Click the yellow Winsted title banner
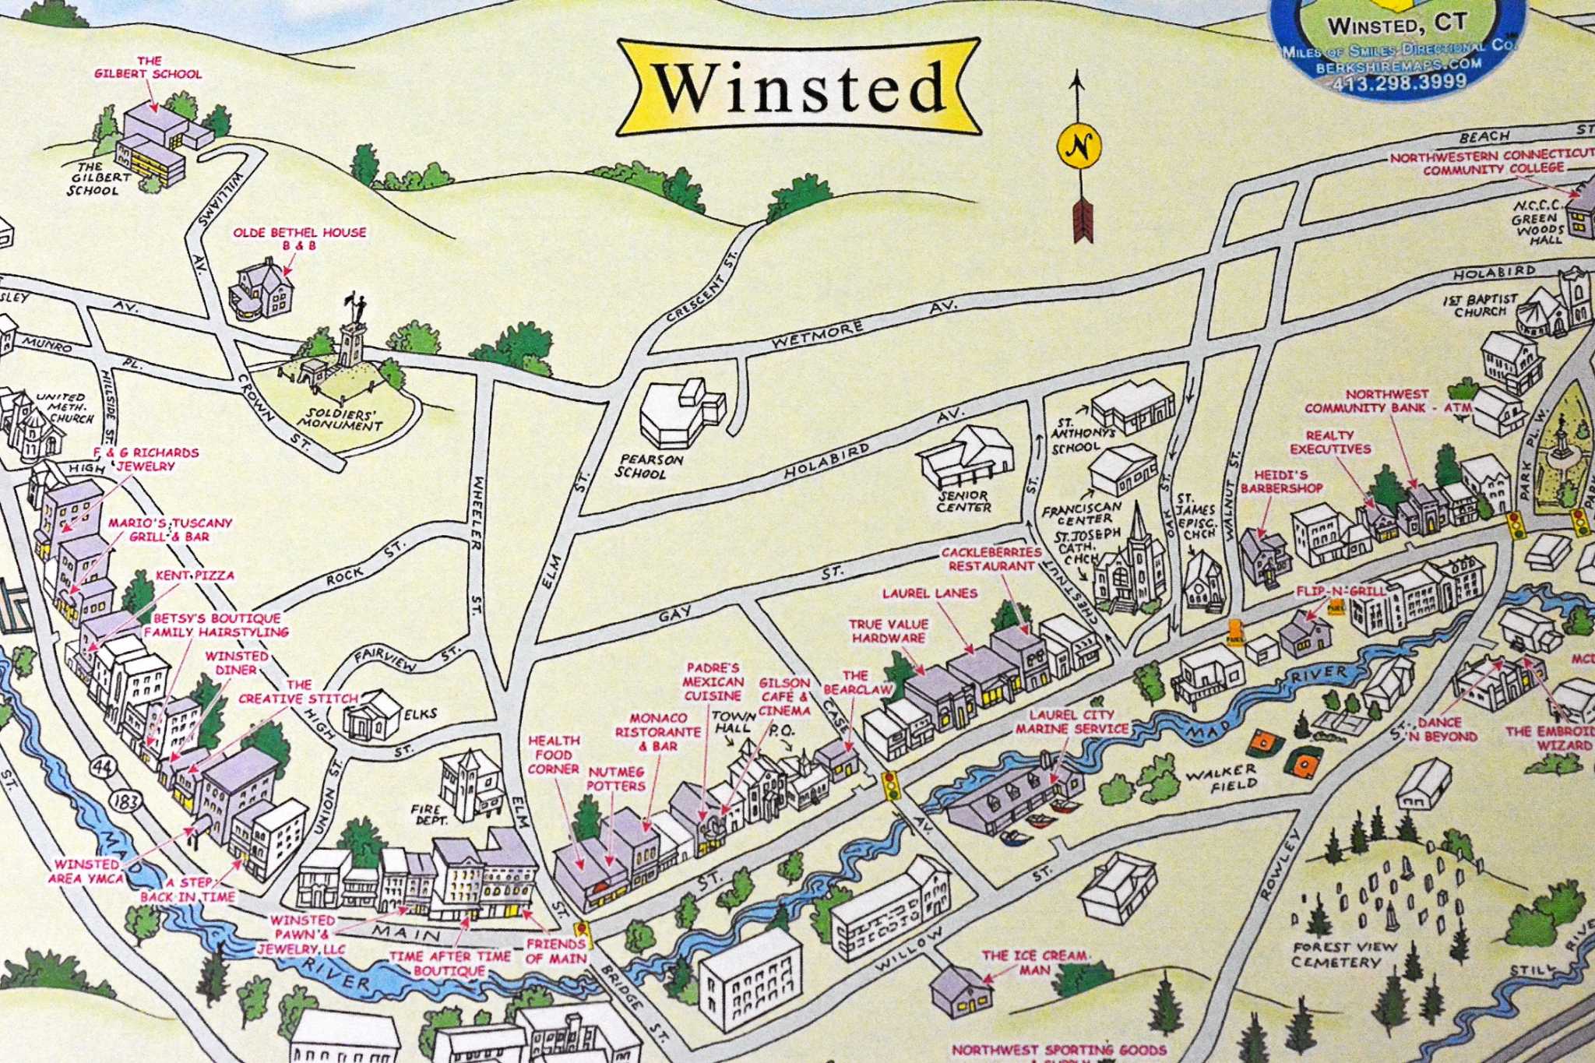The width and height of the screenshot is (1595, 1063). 799,87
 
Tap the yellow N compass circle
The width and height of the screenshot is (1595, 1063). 1079,146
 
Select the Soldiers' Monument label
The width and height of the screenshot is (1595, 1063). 340,419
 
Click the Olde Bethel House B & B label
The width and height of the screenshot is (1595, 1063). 299,238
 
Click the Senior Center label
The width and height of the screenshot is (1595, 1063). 963,501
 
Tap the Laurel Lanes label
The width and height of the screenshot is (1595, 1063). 929,593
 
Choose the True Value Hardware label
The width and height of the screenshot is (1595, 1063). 889,631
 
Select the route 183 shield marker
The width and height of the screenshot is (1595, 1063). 125,801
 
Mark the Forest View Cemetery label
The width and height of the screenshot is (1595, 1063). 1344,954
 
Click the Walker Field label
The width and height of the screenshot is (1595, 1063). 1221,777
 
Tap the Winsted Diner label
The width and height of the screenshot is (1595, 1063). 237,663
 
